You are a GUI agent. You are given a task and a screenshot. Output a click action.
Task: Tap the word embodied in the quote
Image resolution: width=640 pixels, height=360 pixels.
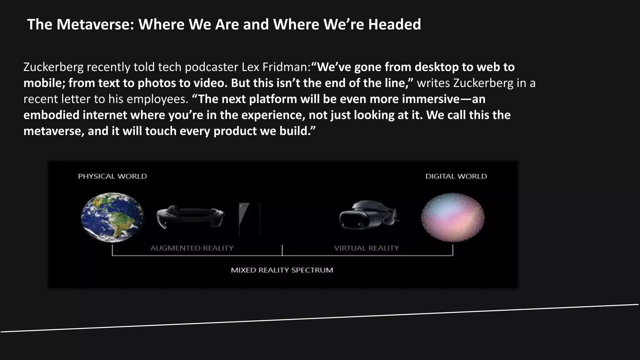(51, 115)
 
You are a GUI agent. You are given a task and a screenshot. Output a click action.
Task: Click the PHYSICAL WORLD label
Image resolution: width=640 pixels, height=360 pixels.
(112, 176)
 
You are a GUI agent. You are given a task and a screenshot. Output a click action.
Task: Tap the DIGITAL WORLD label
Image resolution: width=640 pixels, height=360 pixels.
(456, 176)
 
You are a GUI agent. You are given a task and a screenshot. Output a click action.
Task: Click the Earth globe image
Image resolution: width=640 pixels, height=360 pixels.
(112, 217)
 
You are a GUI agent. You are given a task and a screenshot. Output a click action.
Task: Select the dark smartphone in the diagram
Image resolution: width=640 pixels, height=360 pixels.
(249, 219)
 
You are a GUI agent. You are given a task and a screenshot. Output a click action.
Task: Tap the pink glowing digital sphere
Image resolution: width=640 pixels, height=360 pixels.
(452, 217)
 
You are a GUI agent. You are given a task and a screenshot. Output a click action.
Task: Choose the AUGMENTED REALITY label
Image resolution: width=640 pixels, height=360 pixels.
(192, 248)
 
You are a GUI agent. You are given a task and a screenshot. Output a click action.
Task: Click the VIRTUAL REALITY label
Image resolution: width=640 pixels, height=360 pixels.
(366, 248)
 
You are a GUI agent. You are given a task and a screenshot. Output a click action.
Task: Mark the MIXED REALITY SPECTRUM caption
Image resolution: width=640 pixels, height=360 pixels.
(282, 270)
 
